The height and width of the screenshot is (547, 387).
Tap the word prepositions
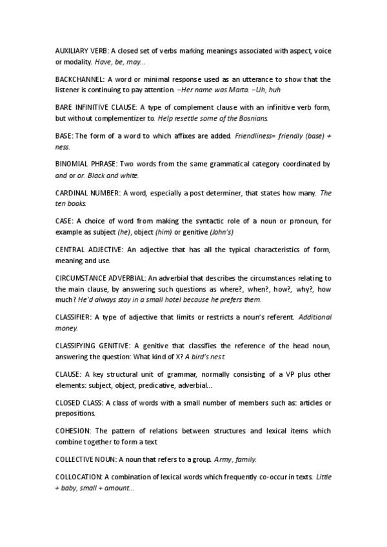click(75, 413)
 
